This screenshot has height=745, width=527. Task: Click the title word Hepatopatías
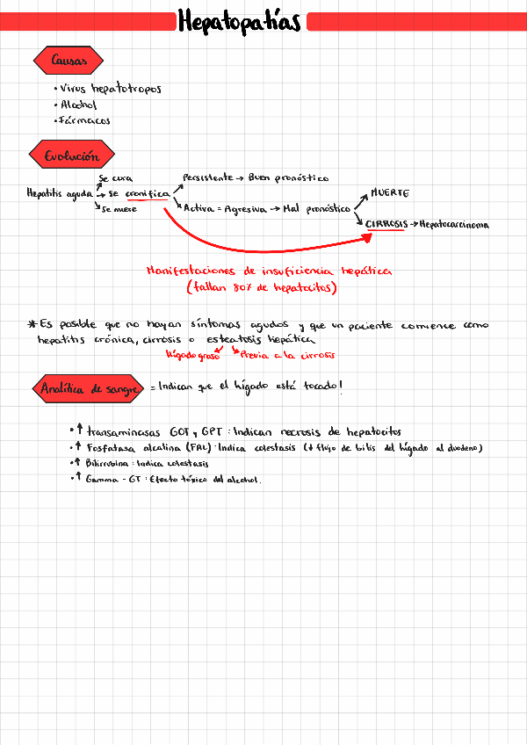[239, 21]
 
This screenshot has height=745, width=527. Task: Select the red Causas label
[68, 61]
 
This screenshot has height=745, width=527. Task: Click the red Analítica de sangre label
[88, 388]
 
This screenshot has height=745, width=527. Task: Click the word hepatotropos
[126, 89]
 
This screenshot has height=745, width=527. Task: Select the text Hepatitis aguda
[59, 193]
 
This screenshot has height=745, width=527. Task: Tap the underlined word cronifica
[147, 193]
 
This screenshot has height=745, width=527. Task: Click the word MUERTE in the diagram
[389, 192]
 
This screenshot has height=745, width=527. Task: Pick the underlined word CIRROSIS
[386, 225]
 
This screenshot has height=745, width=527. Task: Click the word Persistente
[208, 177]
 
